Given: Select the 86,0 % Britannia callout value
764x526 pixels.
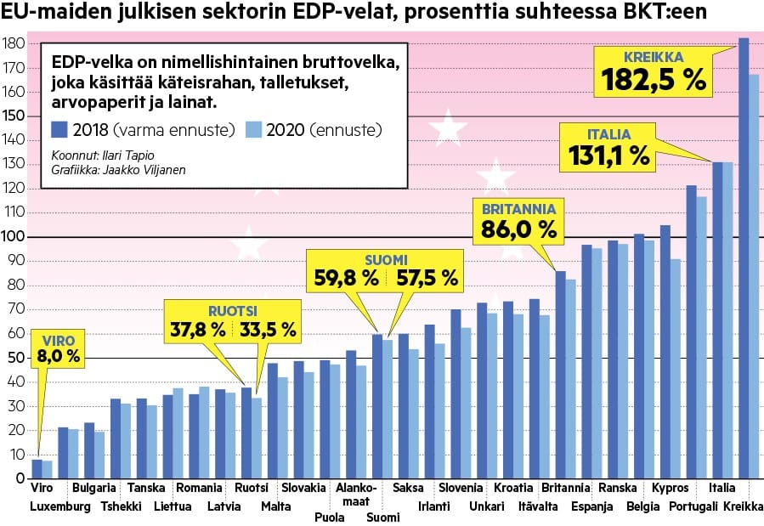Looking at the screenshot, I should pyautogui.click(x=518, y=229).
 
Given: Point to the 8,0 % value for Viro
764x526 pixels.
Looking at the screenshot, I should pyautogui.click(x=59, y=357).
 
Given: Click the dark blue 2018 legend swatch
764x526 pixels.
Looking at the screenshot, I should pyautogui.click(x=60, y=130).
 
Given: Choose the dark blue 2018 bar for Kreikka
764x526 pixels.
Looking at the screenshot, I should pyautogui.click(x=744, y=255).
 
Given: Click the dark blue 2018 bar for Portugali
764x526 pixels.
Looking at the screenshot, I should pyautogui.click(x=691, y=331).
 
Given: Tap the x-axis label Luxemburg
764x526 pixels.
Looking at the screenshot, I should pyautogui.click(x=59, y=507).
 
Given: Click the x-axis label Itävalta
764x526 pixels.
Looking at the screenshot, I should pyautogui.click(x=538, y=507).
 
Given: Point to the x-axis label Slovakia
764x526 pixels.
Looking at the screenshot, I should pyautogui.click(x=303, y=489).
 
